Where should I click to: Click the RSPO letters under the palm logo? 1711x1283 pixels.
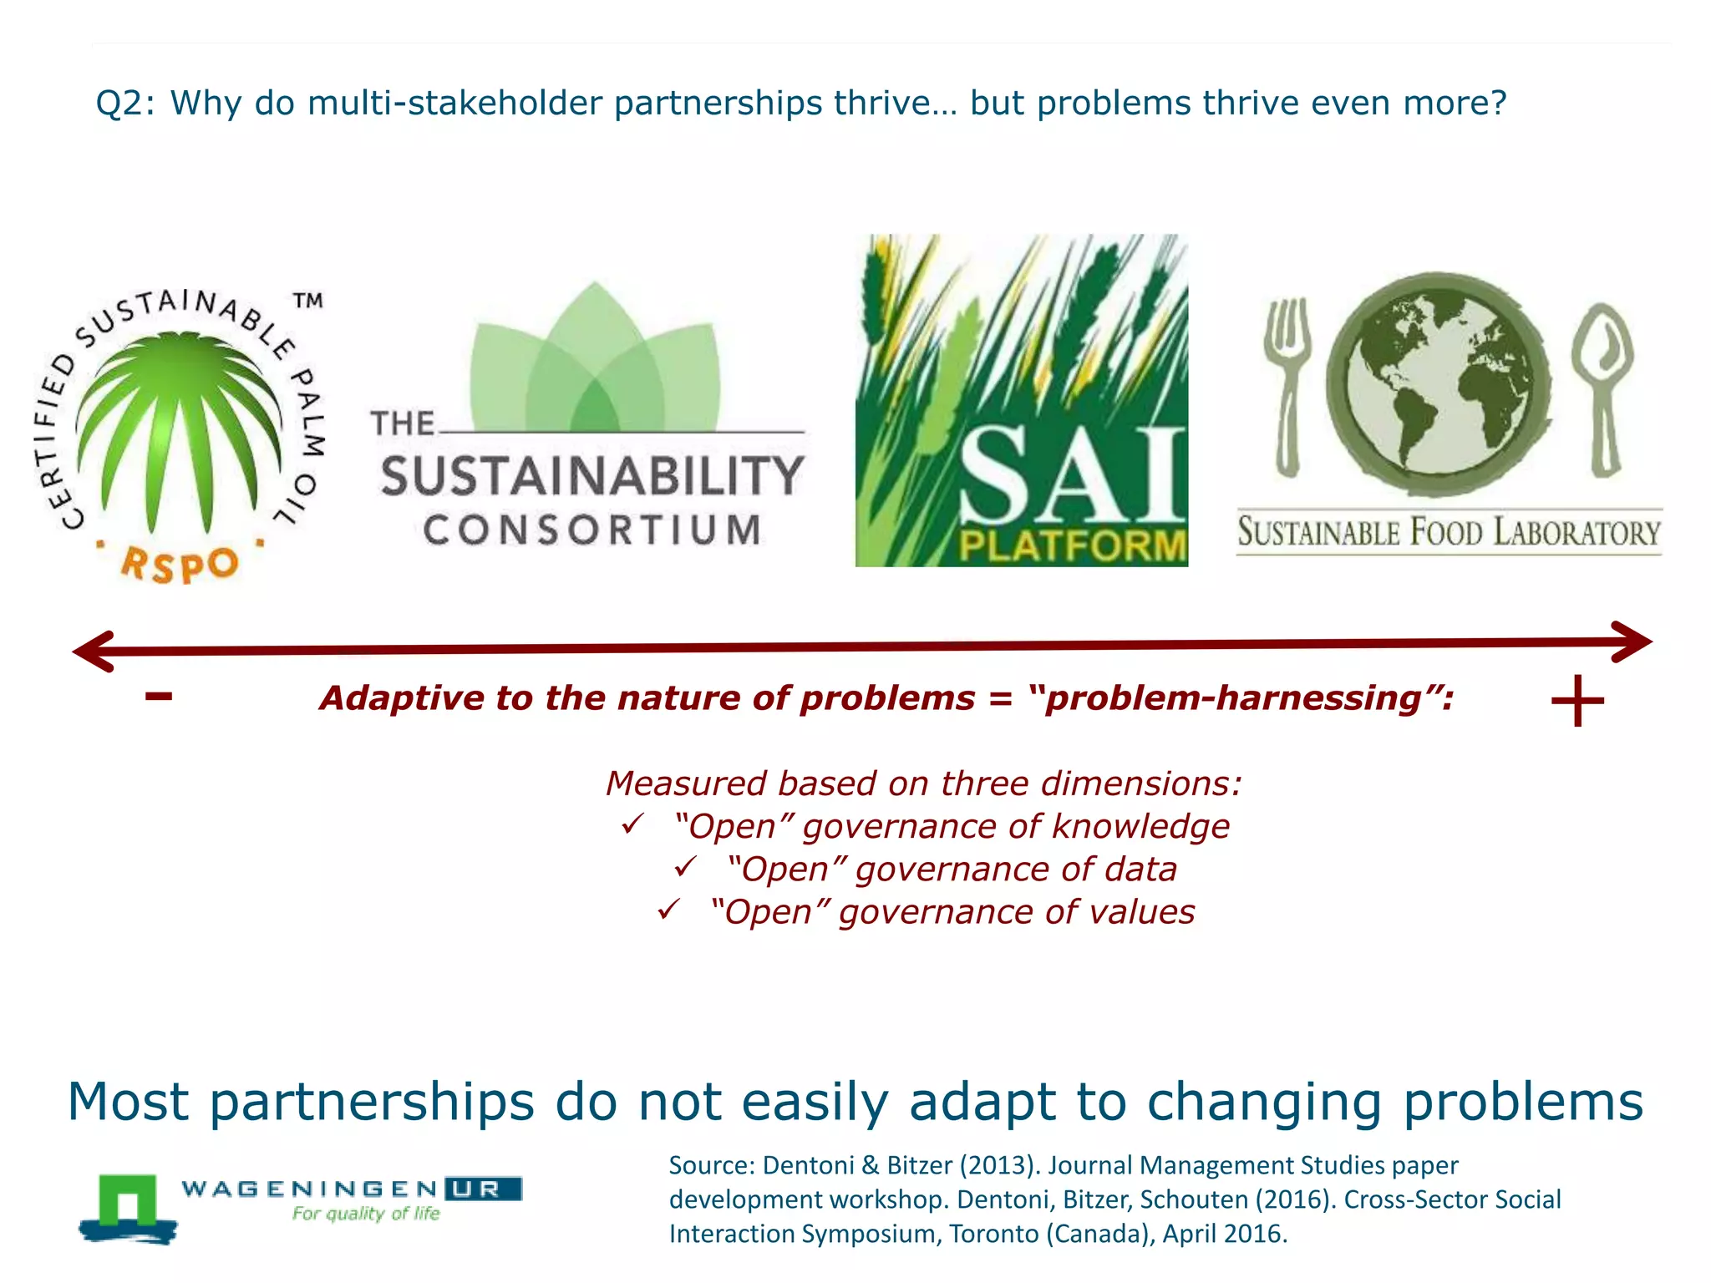tap(180, 565)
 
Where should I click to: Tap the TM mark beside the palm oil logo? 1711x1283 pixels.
tap(307, 301)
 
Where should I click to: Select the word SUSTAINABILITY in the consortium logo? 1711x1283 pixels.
tap(592, 476)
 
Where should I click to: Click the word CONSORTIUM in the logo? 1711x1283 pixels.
tap(592, 530)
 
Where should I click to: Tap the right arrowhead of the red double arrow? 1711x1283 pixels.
tap(1633, 641)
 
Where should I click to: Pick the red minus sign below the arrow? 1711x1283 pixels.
tap(159, 696)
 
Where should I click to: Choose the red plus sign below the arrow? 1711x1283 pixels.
tap(1577, 702)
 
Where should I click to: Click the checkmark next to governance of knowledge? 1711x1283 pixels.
tap(632, 825)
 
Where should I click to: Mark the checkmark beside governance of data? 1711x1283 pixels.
tap(685, 868)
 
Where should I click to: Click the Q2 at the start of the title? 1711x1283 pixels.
tap(119, 104)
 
